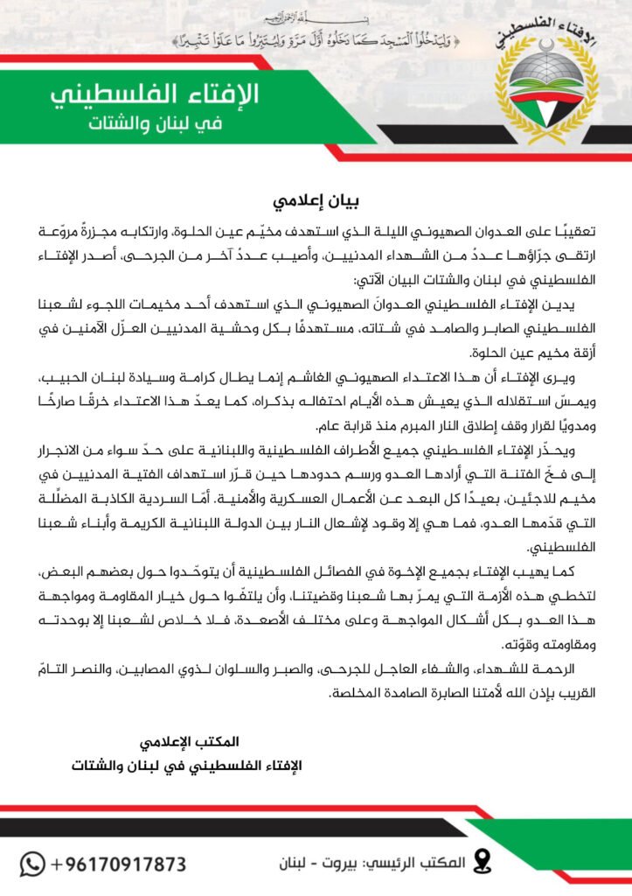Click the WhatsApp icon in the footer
(x=32, y=864)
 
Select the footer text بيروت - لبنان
(x=295, y=864)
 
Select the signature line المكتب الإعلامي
(x=188, y=742)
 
